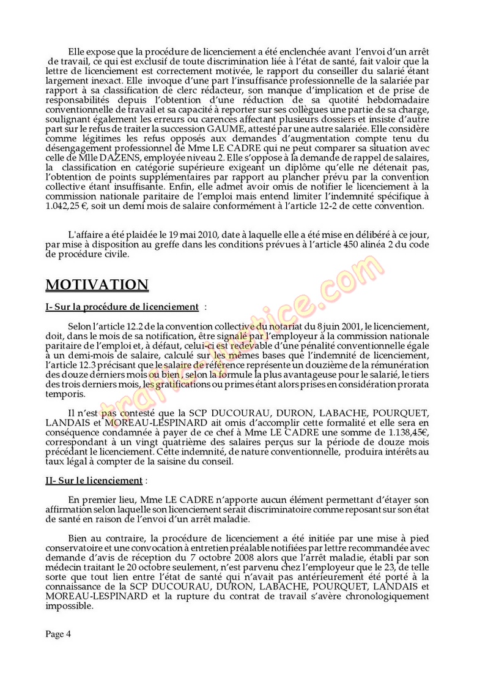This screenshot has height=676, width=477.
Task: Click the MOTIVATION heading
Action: tap(97, 285)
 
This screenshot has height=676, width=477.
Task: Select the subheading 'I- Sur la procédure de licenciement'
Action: tap(122, 307)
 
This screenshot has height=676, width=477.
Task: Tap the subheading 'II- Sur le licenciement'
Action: tap(94, 481)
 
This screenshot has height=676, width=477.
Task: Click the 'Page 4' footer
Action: tap(59, 634)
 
